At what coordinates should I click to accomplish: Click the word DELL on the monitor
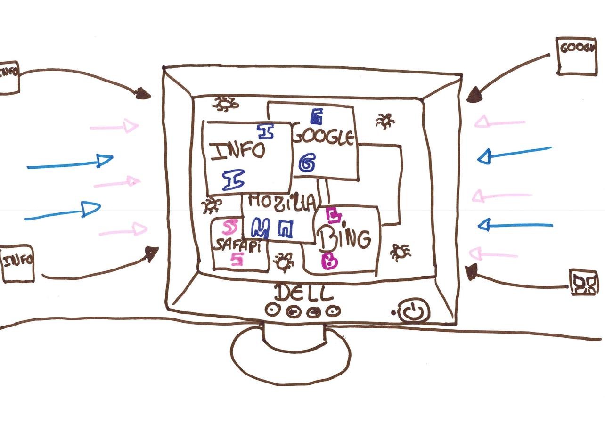click(303, 294)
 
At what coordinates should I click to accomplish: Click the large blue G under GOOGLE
click(307, 163)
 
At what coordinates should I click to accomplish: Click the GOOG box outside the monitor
click(576, 56)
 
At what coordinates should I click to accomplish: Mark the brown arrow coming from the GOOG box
click(509, 75)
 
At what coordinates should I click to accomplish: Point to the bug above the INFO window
click(224, 103)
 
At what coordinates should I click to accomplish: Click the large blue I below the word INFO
click(233, 180)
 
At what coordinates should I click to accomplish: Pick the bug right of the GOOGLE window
click(385, 121)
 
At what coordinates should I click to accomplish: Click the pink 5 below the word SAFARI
click(237, 259)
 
